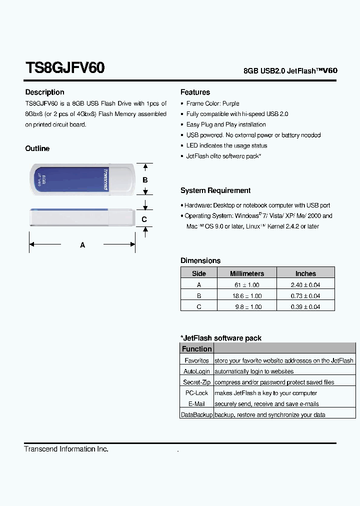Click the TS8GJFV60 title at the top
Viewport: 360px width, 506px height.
(65, 68)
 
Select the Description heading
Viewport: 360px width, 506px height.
(45, 92)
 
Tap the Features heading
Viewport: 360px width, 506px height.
(195, 92)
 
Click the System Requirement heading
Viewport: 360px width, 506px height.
(215, 190)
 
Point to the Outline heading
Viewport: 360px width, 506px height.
(37, 148)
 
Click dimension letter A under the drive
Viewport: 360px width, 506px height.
(82, 245)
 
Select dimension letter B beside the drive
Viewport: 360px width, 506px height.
(145, 179)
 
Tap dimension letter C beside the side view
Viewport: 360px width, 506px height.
(144, 219)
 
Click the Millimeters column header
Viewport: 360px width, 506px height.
(246, 273)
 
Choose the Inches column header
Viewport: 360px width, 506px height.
(305, 273)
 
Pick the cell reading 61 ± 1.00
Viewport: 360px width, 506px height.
(247, 285)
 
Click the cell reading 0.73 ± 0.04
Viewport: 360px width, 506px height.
(305, 296)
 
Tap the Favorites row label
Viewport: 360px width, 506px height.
(196, 360)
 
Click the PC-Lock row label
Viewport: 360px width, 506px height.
(196, 393)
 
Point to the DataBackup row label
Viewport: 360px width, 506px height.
(196, 415)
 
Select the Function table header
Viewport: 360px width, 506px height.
(196, 349)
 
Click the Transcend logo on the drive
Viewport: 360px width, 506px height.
(106, 179)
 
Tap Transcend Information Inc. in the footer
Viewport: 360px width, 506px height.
(66, 449)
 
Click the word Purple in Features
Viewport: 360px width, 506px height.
(231, 103)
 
